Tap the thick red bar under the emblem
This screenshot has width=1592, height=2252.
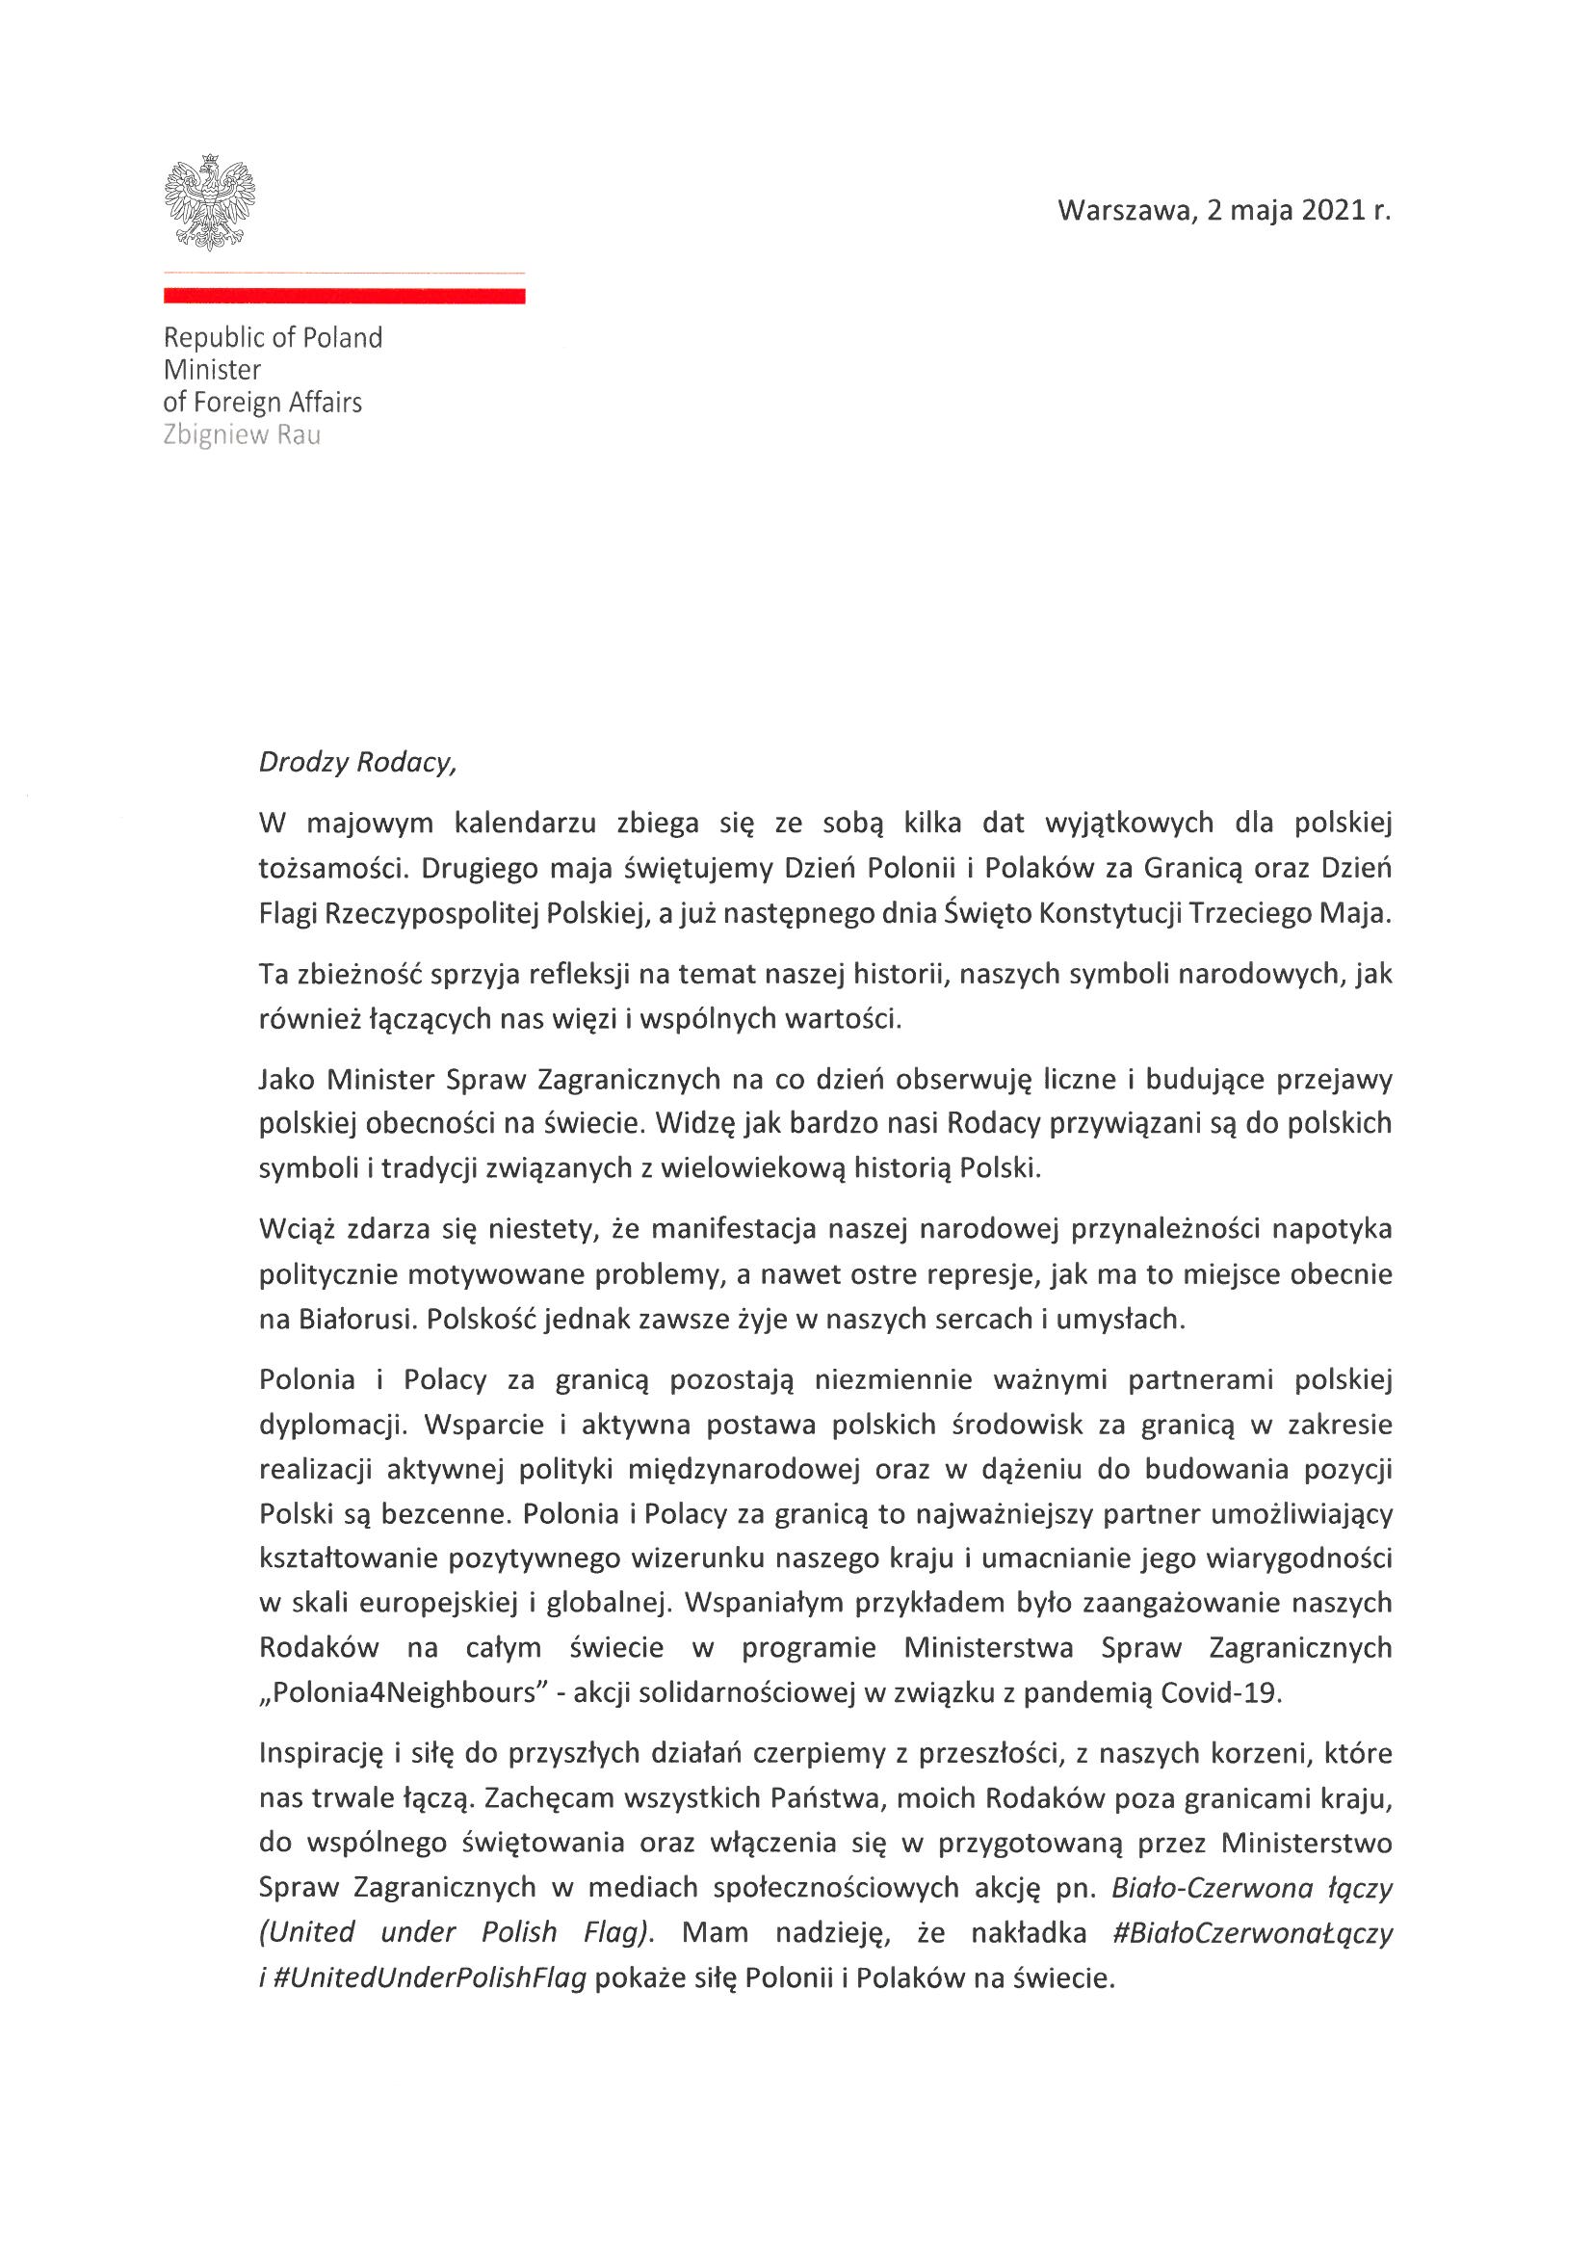[x=343, y=297]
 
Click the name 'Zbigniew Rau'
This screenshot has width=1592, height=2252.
[x=242, y=434]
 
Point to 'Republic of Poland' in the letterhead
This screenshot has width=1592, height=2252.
[x=273, y=337]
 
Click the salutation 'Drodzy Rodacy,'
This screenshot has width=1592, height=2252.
[x=357, y=762]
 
